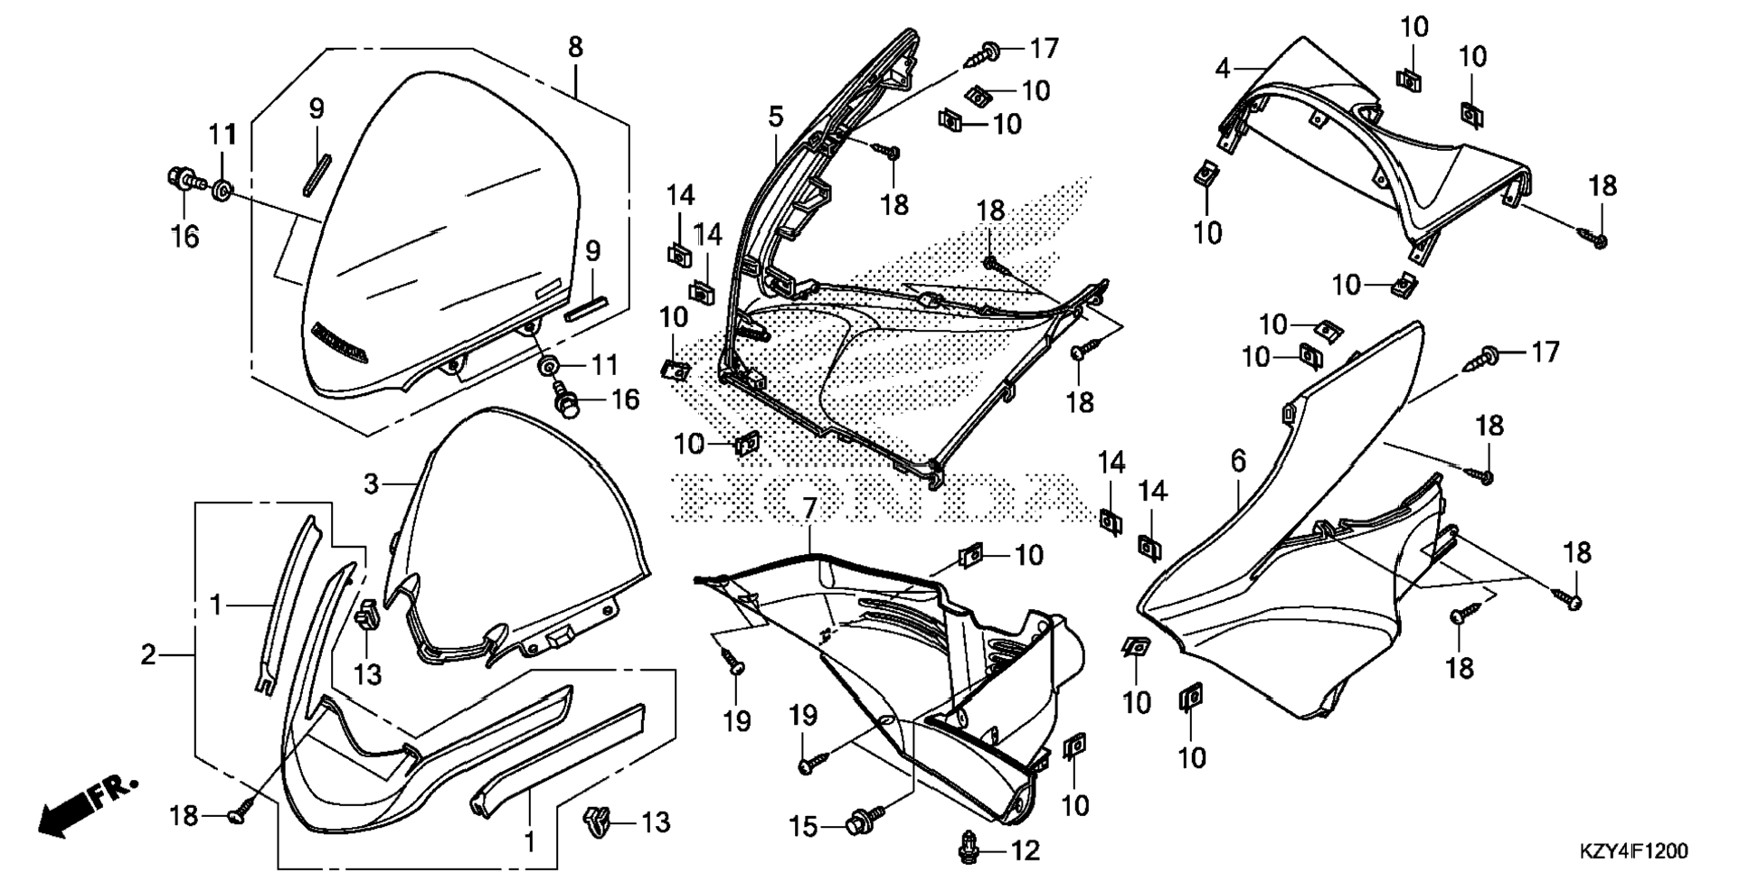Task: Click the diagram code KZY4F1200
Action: click(x=1633, y=851)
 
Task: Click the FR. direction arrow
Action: click(x=88, y=805)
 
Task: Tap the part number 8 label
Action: click(x=575, y=47)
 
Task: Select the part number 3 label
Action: click(x=371, y=483)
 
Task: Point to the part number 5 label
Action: click(x=776, y=117)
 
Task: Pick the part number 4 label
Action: click(x=1223, y=68)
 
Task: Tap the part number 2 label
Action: click(x=149, y=653)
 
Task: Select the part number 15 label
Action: click(x=803, y=827)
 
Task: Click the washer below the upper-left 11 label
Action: click(x=221, y=190)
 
